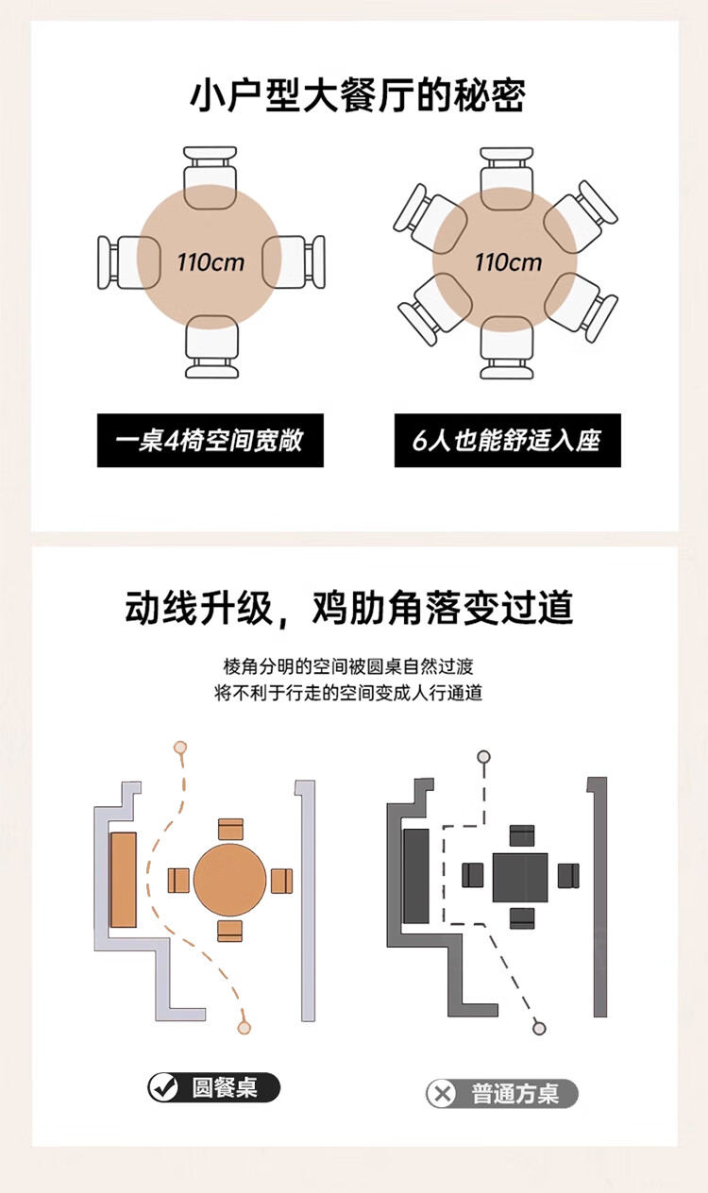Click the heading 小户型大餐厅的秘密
pos(357,95)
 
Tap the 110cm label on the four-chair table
pos(211,260)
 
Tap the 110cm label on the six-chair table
pos(508,260)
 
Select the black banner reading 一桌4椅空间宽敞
pos(210,440)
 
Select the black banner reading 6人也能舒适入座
pos(507,440)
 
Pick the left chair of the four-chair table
pos(122,261)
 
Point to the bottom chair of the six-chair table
pos(507,348)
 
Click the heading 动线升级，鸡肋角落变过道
pos(349,608)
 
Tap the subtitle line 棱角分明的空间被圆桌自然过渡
pos(348,666)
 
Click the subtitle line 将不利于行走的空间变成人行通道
pos(348,694)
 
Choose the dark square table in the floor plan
pos(520,877)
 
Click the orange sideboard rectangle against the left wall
pos(123,880)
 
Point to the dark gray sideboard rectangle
pos(416,876)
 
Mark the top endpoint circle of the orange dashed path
pos(180,748)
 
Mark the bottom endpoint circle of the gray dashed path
pos(539,1028)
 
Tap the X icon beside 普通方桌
pos(442,1094)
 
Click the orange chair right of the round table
pos(281,881)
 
